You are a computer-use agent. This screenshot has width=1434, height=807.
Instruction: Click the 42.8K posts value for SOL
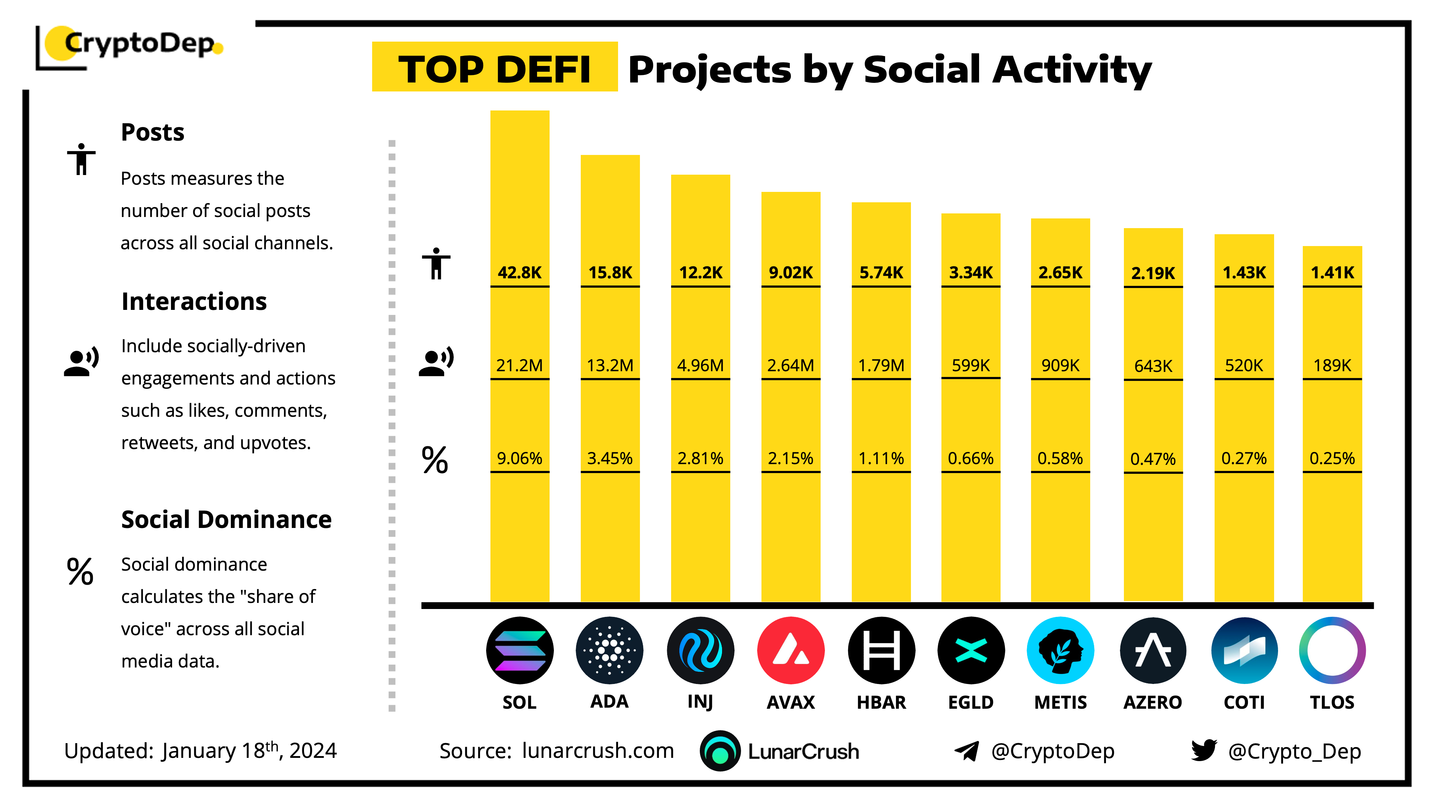pyautogui.click(x=519, y=272)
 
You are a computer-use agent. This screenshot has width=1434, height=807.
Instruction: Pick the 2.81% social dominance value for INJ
pyautogui.click(x=700, y=458)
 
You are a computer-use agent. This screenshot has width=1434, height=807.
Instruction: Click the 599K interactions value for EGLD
pyautogui.click(x=970, y=365)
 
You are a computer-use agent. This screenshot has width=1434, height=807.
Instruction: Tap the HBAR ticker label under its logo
pyautogui.click(x=881, y=702)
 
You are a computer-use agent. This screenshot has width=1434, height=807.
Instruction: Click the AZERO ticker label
pyautogui.click(x=1152, y=702)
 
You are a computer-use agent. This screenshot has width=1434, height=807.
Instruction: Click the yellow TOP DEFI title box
pyautogui.click(x=494, y=67)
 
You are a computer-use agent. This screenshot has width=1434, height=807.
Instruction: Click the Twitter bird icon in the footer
pyautogui.click(x=1203, y=750)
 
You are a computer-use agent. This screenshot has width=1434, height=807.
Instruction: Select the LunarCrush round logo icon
pyautogui.click(x=720, y=751)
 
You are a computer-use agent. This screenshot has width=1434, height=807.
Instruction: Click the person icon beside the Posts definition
pyautogui.click(x=81, y=159)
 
